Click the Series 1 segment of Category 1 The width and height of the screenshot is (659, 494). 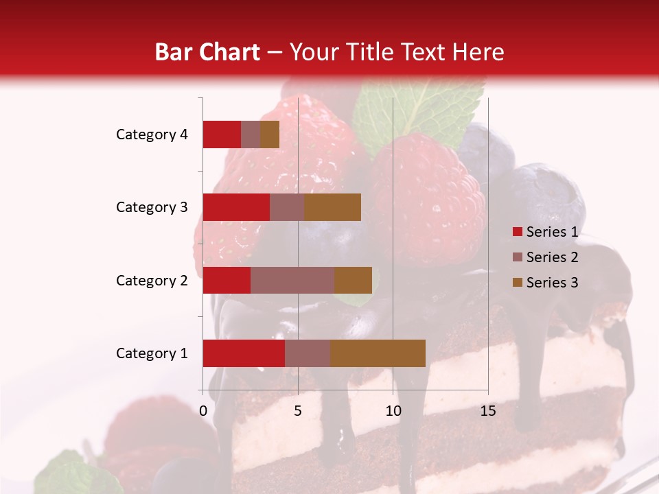(x=244, y=353)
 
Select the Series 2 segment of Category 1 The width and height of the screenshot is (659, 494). (x=308, y=353)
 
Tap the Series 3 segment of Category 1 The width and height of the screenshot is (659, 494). (x=378, y=353)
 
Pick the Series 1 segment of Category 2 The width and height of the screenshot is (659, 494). (x=227, y=280)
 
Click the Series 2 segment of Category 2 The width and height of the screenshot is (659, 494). (x=292, y=280)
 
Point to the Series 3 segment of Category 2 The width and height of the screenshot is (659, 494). (x=353, y=280)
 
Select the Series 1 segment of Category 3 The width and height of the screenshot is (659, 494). (x=236, y=207)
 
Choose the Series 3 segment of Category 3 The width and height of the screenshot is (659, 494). (x=332, y=207)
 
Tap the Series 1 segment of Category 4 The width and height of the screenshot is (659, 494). (x=222, y=134)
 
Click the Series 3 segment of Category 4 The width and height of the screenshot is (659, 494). (x=270, y=134)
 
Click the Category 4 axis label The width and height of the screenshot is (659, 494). (x=152, y=134)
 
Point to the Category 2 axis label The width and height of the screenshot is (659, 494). (x=152, y=280)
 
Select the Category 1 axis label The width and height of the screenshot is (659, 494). (x=152, y=353)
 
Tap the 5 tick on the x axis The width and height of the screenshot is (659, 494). (x=298, y=411)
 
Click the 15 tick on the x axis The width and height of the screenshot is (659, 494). (x=488, y=411)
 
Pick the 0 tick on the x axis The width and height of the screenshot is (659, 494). (x=203, y=411)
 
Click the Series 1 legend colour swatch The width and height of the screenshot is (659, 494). (x=517, y=232)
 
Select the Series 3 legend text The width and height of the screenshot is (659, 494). (x=552, y=283)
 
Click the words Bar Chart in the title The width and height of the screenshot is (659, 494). (x=207, y=52)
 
